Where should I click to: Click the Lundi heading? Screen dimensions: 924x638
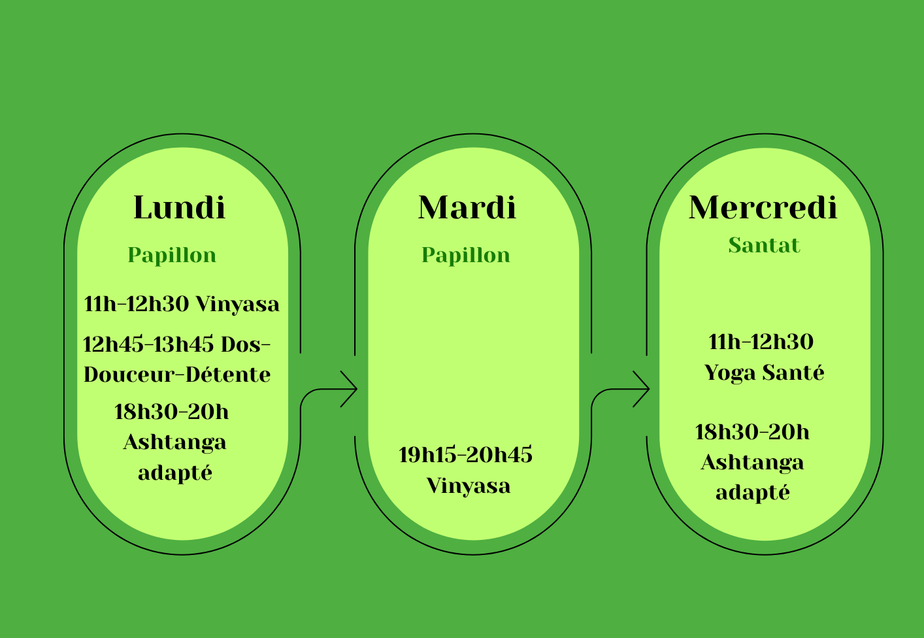click(180, 207)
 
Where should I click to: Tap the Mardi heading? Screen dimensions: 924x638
click(467, 207)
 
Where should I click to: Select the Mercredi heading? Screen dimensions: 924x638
click(763, 207)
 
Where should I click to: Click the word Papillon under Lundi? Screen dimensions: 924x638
click(172, 256)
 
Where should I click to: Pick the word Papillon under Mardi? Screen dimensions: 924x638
click(466, 256)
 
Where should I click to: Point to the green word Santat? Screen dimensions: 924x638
click(764, 245)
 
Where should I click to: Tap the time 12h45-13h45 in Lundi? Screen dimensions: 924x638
click(148, 344)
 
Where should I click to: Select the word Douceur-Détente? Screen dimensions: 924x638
click(177, 375)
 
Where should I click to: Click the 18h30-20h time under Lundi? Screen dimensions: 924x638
click(171, 412)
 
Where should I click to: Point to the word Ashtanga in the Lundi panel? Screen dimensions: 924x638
click(175, 443)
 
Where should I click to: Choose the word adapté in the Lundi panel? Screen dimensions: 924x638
click(175, 473)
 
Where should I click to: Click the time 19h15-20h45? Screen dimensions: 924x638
click(466, 455)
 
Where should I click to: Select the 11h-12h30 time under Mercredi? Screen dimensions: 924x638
click(761, 342)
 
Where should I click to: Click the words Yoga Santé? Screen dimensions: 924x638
click(764, 373)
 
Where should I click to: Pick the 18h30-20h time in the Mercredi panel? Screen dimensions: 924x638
click(752, 433)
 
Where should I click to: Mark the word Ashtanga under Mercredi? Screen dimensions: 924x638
click(752, 463)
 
